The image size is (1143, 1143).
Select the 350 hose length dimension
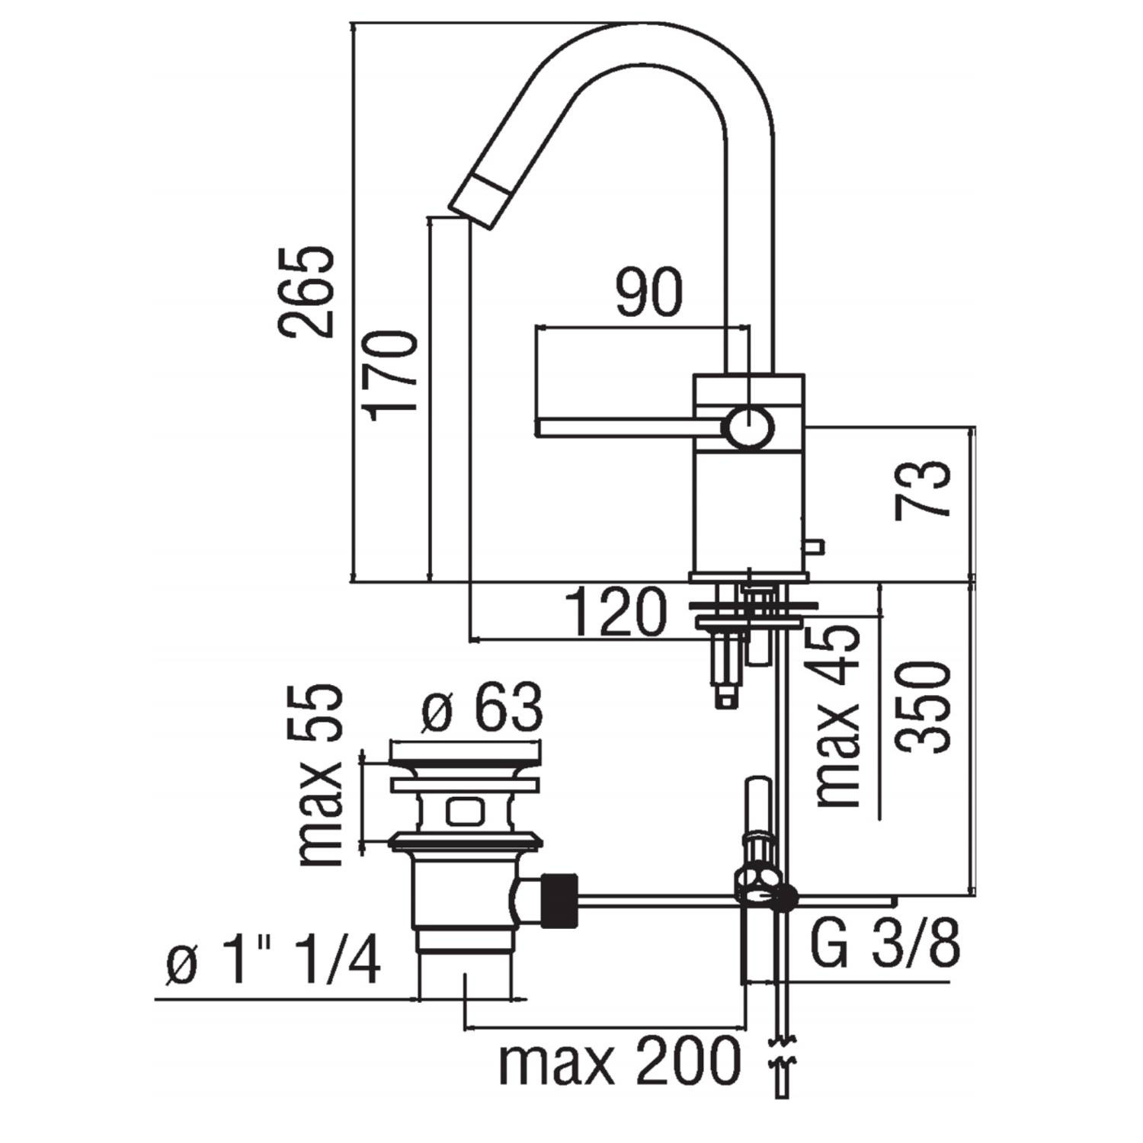point(924,707)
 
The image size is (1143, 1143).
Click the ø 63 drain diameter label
point(483,709)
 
